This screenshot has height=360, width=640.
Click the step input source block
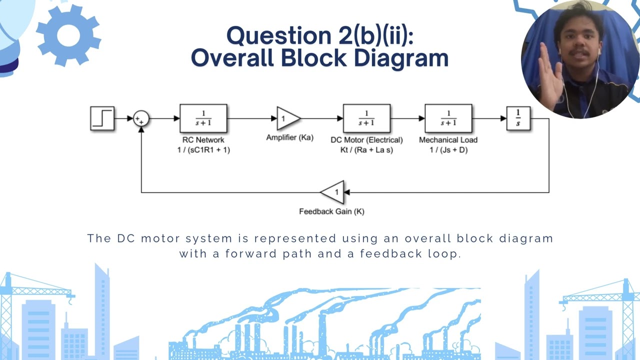pos(102,118)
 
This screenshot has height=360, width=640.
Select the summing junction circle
pos(141,118)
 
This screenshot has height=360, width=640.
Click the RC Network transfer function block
pos(203,118)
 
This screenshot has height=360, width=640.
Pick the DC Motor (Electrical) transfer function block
pos(366,118)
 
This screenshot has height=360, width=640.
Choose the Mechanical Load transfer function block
pos(448,118)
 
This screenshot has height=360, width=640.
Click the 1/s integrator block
pos(518,118)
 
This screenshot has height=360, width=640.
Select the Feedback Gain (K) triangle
pos(333,192)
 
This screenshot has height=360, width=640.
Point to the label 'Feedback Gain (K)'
pos(331,211)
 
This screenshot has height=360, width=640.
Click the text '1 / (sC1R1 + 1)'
pos(203,149)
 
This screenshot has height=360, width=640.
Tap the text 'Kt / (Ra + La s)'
pos(366,149)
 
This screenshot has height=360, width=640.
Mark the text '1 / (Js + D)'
pos(448,149)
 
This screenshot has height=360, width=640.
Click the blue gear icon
pos(68,35)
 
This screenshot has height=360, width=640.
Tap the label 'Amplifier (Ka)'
pos(289,137)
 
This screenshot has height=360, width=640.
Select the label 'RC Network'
pos(203,140)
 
